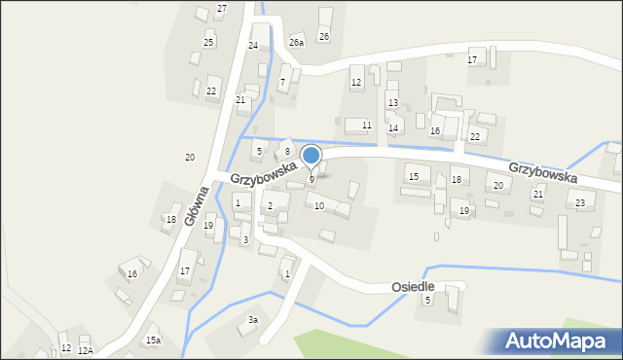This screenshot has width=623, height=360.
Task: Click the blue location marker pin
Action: click(311, 156)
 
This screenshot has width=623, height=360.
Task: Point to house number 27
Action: click(222, 9)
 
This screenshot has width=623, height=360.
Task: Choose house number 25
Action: click(208, 42)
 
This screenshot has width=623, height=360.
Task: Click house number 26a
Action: click(296, 43)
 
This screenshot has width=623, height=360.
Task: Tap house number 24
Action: click(253, 46)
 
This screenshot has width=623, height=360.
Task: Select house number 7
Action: click(282, 82)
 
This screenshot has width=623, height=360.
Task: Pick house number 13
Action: click(393, 102)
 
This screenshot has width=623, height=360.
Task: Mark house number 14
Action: click(393, 127)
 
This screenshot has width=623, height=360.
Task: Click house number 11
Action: click(366, 125)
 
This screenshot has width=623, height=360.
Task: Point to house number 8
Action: click(287, 151)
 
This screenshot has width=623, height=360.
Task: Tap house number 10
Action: click(319, 205)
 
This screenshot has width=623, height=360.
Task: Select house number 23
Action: click(580, 202)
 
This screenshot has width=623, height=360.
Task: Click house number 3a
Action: click(253, 320)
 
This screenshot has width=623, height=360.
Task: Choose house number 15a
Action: click(153, 340)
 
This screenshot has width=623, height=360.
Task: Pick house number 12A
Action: click(85, 350)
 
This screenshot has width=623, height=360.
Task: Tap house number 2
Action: click(270, 205)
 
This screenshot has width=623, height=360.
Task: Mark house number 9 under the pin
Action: click(311, 179)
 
